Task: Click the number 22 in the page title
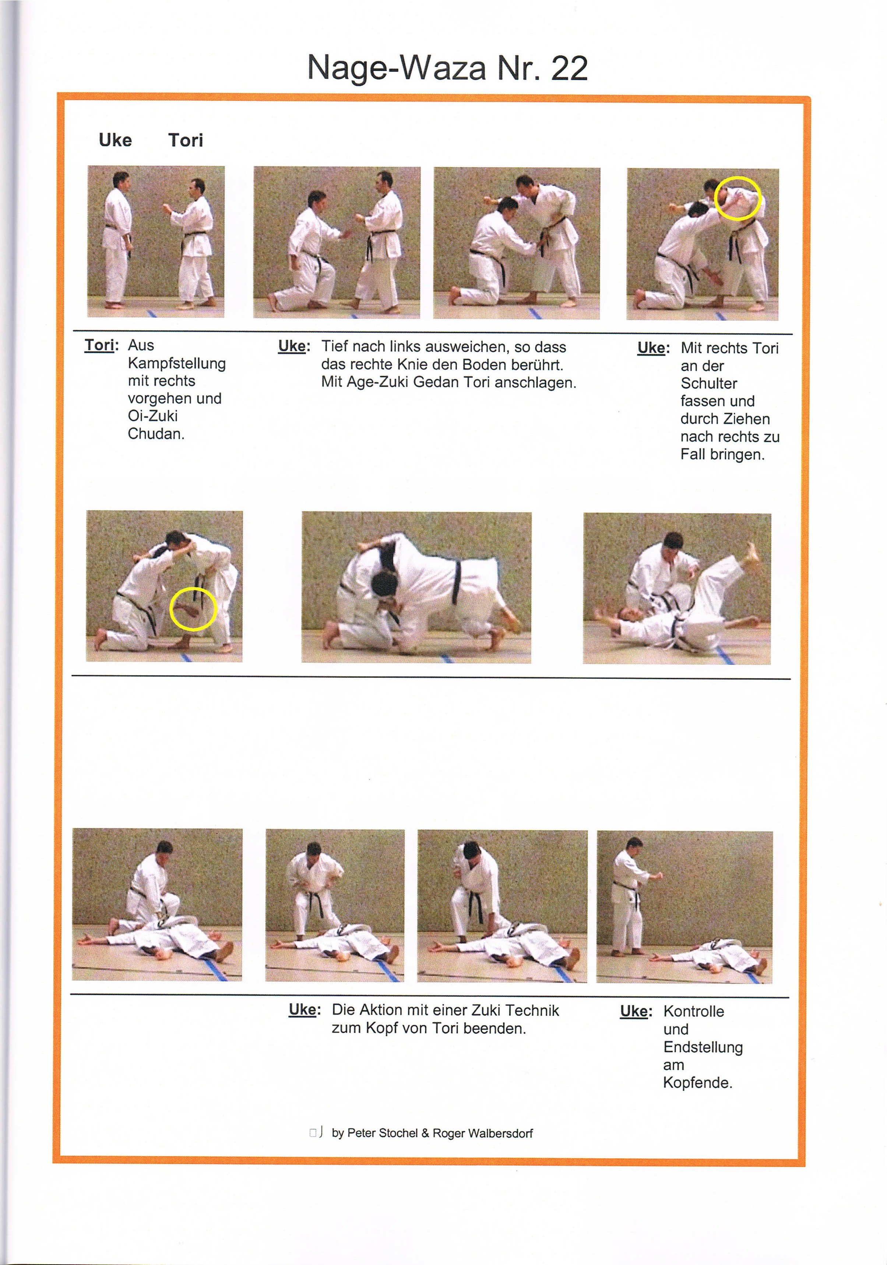[x=569, y=69]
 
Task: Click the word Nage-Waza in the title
[x=397, y=69]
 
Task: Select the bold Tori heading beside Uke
[x=186, y=141]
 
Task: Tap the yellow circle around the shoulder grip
[x=738, y=199]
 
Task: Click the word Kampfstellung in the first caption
[x=176, y=364]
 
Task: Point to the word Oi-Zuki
[x=152, y=416]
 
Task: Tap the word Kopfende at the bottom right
[x=697, y=1083]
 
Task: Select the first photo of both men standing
[x=156, y=241]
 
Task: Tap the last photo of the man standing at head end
[x=684, y=906]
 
